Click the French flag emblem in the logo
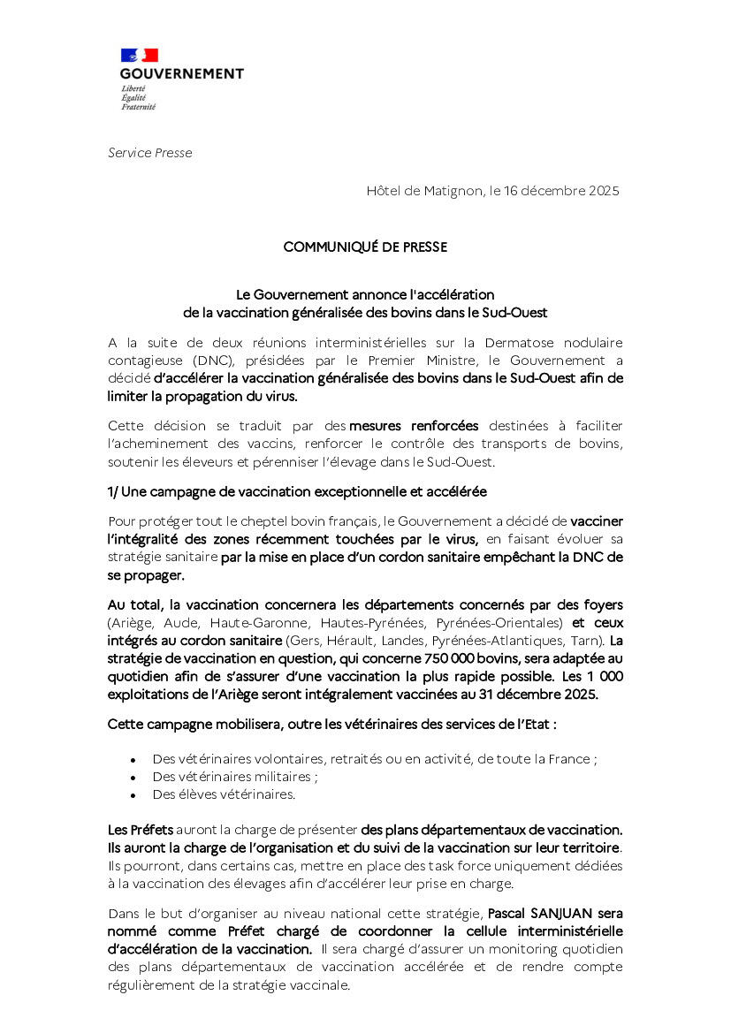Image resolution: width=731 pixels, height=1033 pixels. tap(139, 56)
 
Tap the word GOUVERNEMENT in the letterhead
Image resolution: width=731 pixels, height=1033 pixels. tap(181, 74)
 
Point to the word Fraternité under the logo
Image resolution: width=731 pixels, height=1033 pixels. tap(139, 107)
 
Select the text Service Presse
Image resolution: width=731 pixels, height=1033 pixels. tap(149, 153)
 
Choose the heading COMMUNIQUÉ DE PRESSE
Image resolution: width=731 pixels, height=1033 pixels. tap(365, 247)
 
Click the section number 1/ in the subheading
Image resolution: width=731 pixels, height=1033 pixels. tap(114, 491)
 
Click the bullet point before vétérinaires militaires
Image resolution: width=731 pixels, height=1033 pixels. tap(133, 778)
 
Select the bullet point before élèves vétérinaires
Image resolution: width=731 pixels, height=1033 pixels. tap(133, 795)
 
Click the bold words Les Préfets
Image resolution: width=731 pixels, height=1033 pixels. tap(141, 830)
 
